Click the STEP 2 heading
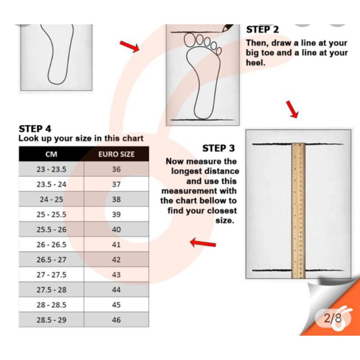[x=262, y=30]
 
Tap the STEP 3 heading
[x=218, y=148]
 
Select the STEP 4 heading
[x=35, y=129]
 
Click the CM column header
[x=51, y=154]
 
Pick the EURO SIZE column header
[x=117, y=154]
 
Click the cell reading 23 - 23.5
[x=51, y=169]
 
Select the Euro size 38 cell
[x=117, y=199]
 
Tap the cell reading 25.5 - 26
[x=51, y=229]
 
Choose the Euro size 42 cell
[x=117, y=260]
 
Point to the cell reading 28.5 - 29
[x=51, y=320]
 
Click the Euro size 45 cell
[x=117, y=305]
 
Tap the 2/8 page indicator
[x=333, y=319]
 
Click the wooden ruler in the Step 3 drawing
[x=298, y=211]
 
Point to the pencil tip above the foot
[x=223, y=31]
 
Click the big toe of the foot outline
[x=189, y=40]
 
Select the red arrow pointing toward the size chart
[x=203, y=243]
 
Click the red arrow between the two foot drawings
[x=130, y=46]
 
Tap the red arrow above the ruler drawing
[x=292, y=109]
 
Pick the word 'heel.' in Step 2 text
[x=256, y=63]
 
